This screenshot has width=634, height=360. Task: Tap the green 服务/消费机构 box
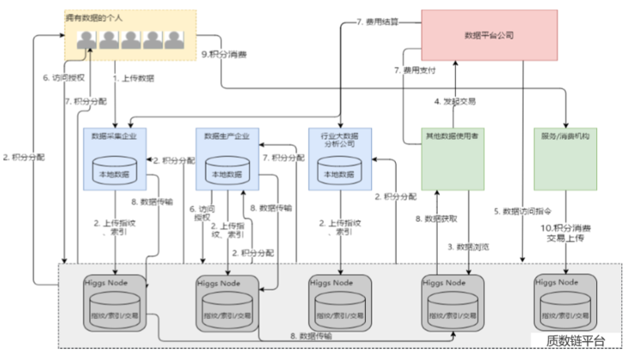click(566, 159)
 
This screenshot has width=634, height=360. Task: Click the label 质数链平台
click(575, 340)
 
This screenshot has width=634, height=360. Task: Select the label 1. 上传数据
click(135, 77)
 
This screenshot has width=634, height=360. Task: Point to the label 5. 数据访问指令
click(523, 211)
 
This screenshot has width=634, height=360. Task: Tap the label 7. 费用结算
click(377, 21)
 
